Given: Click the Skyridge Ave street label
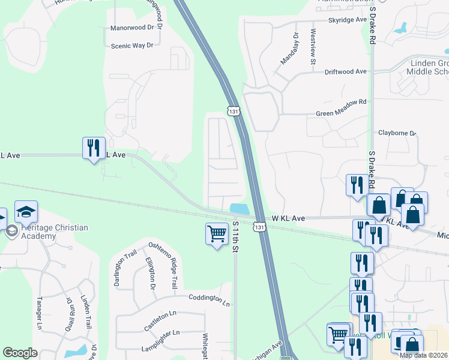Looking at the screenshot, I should pyautogui.click(x=346, y=20).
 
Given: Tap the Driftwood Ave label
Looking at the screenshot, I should pyautogui.click(x=345, y=71).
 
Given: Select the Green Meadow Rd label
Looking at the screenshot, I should pyautogui.click(x=341, y=102).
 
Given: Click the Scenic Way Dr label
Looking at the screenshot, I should pyautogui.click(x=133, y=46).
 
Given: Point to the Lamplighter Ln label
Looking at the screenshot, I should pyautogui.click(x=160, y=333).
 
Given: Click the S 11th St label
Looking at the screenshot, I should pyautogui.click(x=235, y=235).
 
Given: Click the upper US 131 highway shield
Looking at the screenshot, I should pyautogui.click(x=233, y=111).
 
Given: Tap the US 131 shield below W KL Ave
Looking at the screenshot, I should pyautogui.click(x=258, y=227).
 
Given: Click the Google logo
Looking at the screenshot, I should pyautogui.click(x=20, y=353).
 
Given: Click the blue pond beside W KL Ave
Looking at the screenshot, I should pyautogui.click(x=240, y=208).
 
